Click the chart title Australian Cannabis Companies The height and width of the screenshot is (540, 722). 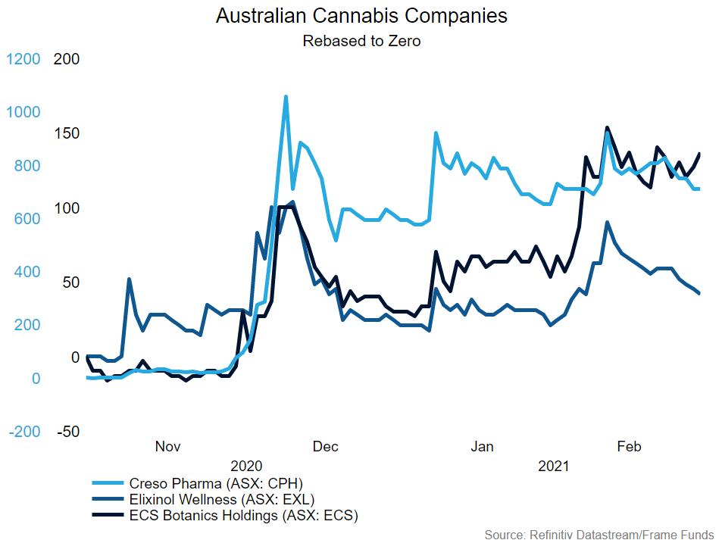tap(361, 16)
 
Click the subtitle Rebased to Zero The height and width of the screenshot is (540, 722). tap(361, 41)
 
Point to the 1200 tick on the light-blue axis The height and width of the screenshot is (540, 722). tap(23, 59)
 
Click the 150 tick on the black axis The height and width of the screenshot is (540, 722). tap(67, 134)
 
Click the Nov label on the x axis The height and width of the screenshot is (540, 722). tap(168, 446)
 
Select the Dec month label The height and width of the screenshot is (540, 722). tap(326, 446)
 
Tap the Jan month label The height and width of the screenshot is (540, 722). tap(483, 446)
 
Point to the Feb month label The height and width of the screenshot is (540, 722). tap(629, 446)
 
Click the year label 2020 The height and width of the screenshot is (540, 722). tap(246, 466)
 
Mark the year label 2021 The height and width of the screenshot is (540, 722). tap(554, 466)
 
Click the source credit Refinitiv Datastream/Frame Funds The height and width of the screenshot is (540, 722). tap(599, 535)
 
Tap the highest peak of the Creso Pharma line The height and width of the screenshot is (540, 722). tap(286, 97)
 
